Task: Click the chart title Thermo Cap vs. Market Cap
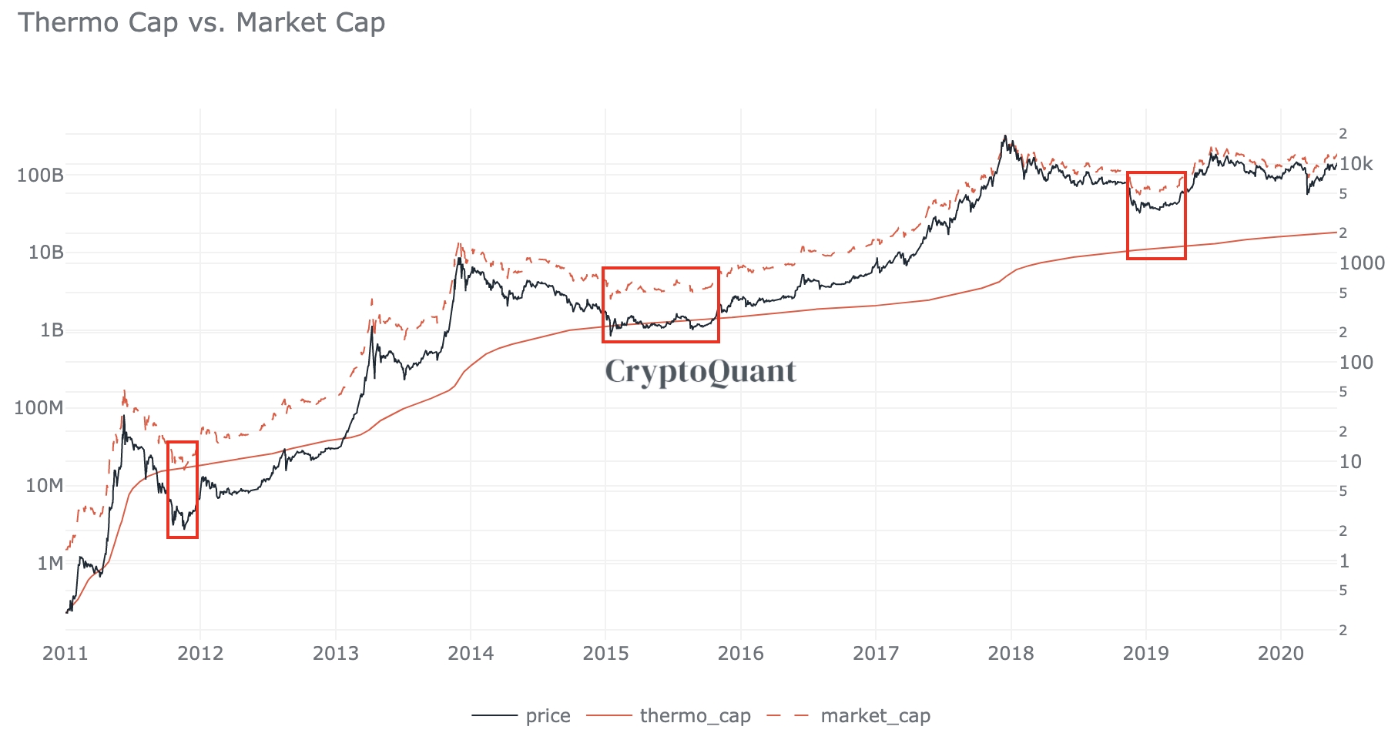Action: [202, 22]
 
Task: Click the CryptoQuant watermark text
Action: [700, 371]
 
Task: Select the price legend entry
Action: [548, 716]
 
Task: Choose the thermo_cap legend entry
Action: [695, 716]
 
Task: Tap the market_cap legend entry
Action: [875, 716]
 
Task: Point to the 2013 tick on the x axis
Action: [336, 654]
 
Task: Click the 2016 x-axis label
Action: [741, 654]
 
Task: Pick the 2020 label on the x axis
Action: [1281, 654]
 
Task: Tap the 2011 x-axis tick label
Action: [65, 654]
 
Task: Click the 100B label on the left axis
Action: [40, 176]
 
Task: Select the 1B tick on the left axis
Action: [51, 330]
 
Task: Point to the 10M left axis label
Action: [44, 486]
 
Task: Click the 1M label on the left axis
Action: [50, 564]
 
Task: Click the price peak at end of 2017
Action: [1005, 137]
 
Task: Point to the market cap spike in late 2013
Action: [458, 244]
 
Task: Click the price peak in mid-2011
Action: [123, 417]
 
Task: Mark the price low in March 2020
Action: [1307, 192]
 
